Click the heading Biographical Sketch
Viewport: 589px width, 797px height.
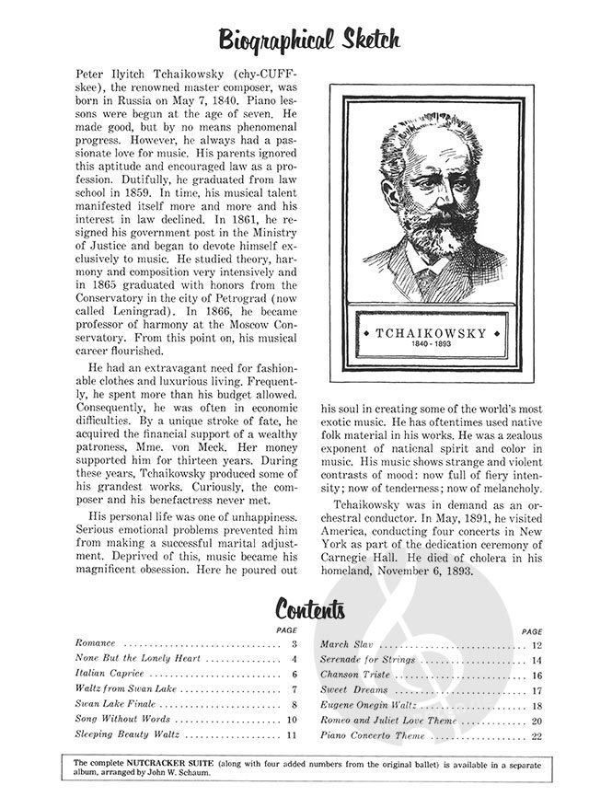[x=308, y=40]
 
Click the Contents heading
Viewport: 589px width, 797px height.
[x=311, y=609]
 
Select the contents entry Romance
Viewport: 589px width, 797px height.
[x=97, y=643]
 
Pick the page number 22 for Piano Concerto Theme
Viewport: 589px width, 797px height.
[x=536, y=736]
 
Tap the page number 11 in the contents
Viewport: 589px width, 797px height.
[x=292, y=735]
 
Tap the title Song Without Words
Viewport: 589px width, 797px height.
[x=117, y=720]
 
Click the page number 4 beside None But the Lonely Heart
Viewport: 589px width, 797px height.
[x=294, y=659]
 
